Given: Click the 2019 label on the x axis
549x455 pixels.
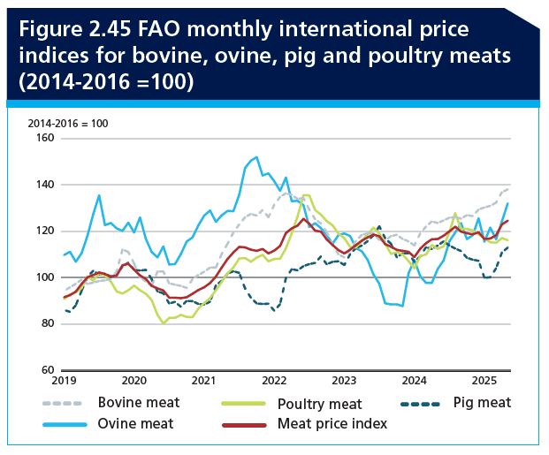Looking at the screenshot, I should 64,382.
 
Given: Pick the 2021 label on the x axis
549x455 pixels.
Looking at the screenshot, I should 203,382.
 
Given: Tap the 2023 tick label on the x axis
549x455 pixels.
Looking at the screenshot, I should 343,382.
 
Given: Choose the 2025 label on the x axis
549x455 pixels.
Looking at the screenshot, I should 483,382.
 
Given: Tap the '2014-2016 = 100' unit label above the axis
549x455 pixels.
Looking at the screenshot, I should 68,123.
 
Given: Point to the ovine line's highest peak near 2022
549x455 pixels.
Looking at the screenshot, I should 256,158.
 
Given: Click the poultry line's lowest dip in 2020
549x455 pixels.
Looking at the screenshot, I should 164,323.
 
